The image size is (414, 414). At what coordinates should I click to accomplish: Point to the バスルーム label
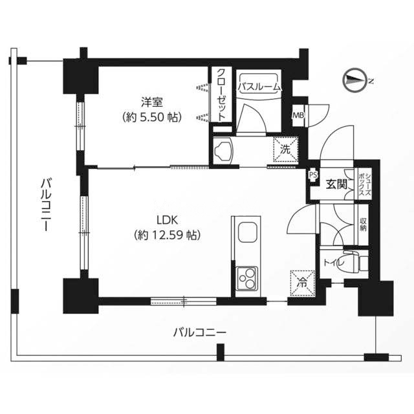point(259,85)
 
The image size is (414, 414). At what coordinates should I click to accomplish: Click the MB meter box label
point(298,116)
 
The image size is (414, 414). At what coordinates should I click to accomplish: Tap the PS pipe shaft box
point(313,174)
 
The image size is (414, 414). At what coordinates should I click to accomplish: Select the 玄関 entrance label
point(336,184)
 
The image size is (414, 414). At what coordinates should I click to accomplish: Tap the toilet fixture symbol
point(354,262)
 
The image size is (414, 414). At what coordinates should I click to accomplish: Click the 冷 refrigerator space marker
point(302,281)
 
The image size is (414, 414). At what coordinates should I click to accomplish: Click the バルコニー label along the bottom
point(199,333)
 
